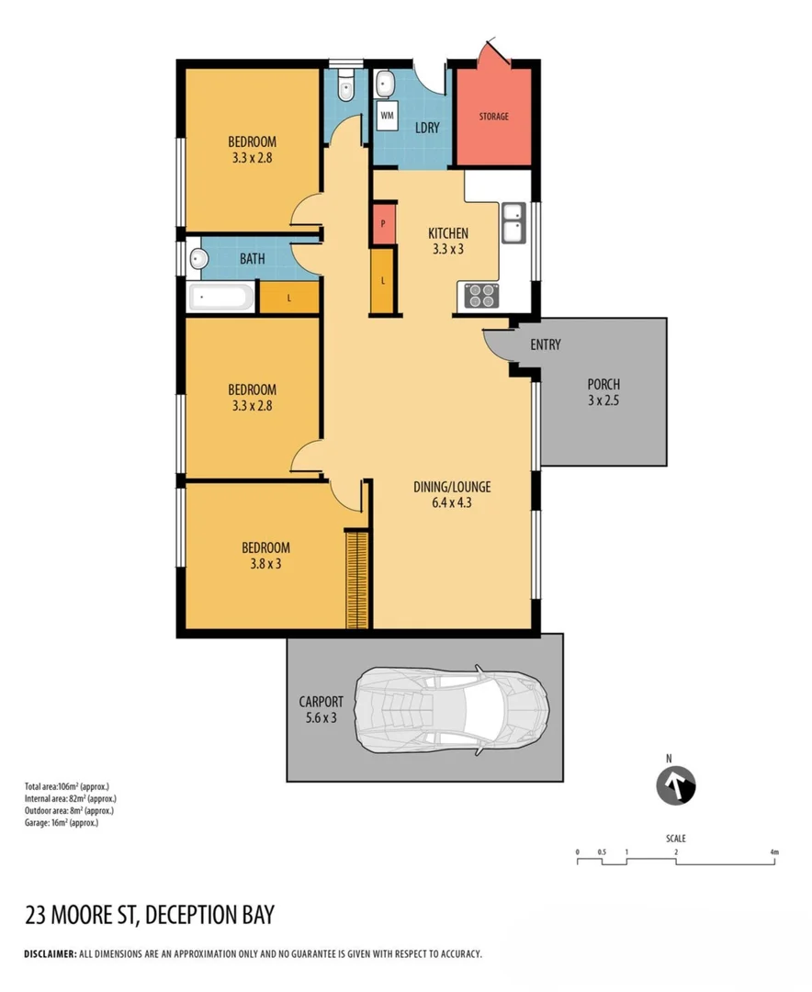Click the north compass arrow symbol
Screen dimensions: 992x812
click(675, 787)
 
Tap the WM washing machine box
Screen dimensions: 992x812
click(388, 117)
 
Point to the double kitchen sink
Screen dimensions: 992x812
click(512, 223)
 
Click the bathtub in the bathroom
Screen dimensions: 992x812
click(220, 298)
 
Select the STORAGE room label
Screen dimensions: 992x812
click(492, 117)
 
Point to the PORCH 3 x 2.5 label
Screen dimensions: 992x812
click(603, 392)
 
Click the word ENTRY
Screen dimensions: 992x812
click(545, 344)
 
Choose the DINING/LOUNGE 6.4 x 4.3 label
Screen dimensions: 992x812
click(451, 494)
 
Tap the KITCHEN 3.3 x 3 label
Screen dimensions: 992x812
click(448, 241)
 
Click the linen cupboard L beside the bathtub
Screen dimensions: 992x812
click(288, 298)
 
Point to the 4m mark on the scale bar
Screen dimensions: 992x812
click(773, 852)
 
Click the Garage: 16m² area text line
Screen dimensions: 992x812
click(61, 823)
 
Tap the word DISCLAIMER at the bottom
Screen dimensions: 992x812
click(50, 954)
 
